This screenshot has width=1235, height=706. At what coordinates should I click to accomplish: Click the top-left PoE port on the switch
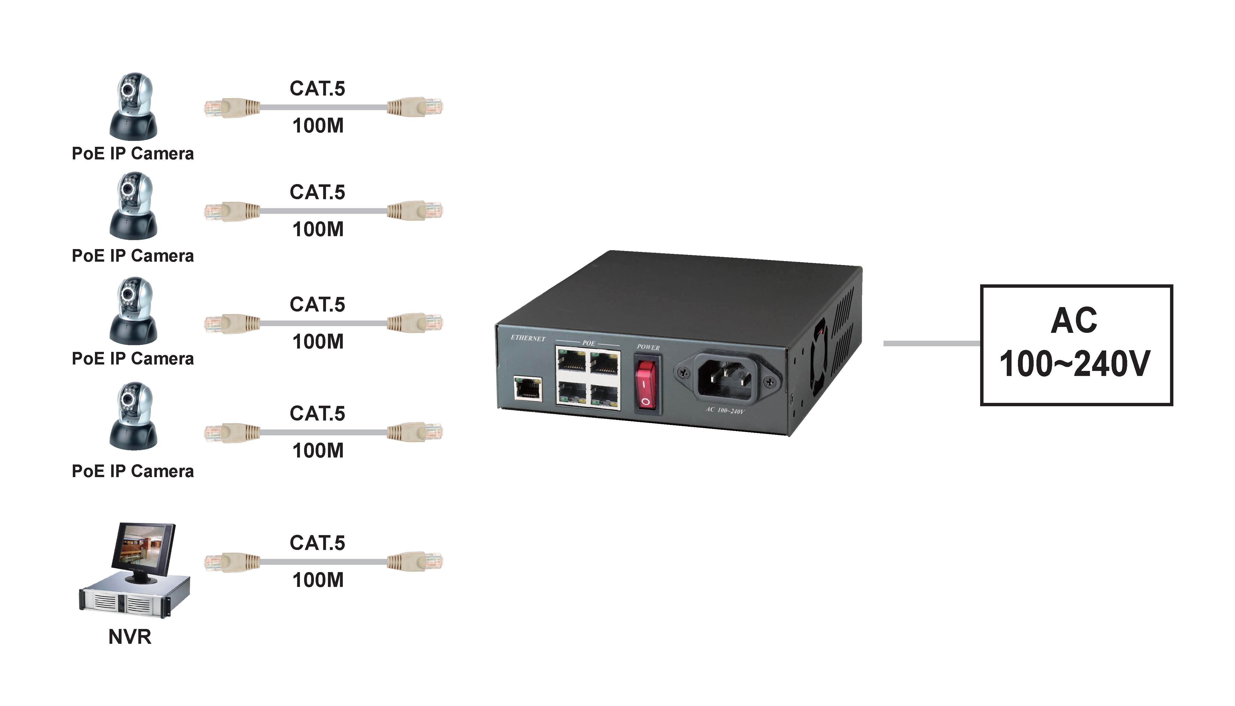(572, 361)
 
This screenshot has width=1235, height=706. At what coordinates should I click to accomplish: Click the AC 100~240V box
(1076, 345)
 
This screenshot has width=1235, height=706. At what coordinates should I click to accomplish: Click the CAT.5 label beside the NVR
(318, 543)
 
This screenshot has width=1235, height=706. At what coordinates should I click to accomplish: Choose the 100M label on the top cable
(318, 126)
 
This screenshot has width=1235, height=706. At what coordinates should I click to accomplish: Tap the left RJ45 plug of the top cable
(231, 107)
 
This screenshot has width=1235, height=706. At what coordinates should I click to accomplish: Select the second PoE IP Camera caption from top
(133, 256)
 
